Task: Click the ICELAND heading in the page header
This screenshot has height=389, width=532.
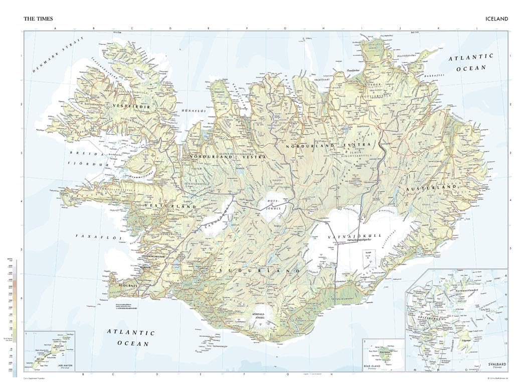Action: [x=496, y=19]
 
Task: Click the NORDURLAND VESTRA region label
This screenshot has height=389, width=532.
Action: [x=228, y=157]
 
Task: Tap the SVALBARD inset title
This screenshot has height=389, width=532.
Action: [x=495, y=364]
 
